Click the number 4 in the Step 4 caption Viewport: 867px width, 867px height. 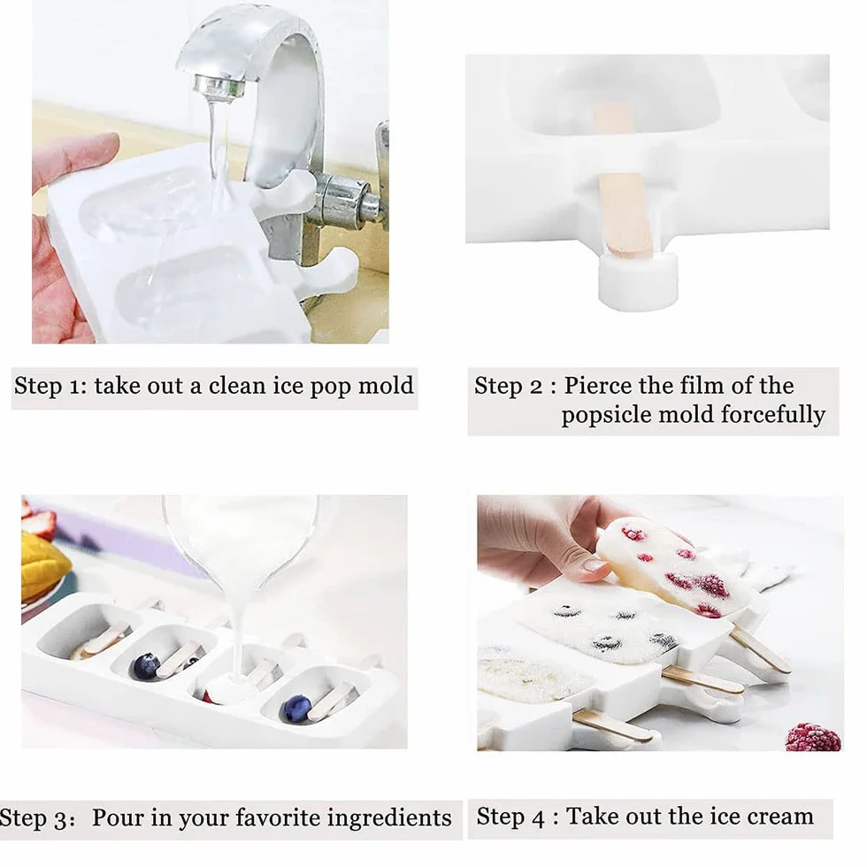540,818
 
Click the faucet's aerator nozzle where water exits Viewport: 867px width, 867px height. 219,87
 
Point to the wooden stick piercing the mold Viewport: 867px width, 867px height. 625,216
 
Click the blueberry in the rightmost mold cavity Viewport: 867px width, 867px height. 296,709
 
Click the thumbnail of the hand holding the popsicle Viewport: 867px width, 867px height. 595,565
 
